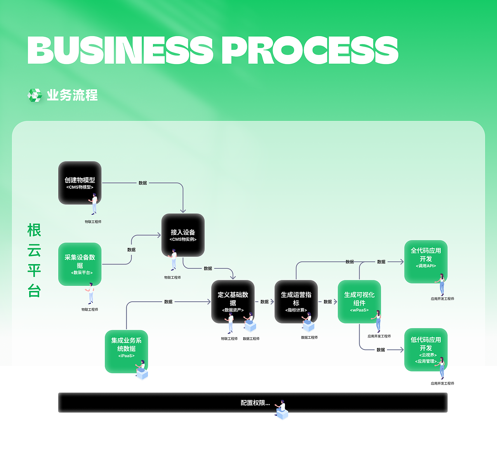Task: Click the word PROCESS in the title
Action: (309, 50)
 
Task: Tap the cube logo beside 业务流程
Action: (35, 95)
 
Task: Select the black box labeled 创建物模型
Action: (80, 183)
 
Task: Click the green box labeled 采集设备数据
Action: (80, 264)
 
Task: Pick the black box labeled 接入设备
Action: (183, 235)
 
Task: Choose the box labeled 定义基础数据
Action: (233, 301)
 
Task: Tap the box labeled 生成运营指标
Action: (296, 301)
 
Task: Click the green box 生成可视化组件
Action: (359, 301)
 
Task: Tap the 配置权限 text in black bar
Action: (255, 403)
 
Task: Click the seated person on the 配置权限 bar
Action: (281, 410)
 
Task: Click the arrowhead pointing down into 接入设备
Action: (183, 210)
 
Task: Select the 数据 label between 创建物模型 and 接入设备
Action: (142, 183)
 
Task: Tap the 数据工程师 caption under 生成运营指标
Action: (309, 337)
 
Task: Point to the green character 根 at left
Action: (34, 230)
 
